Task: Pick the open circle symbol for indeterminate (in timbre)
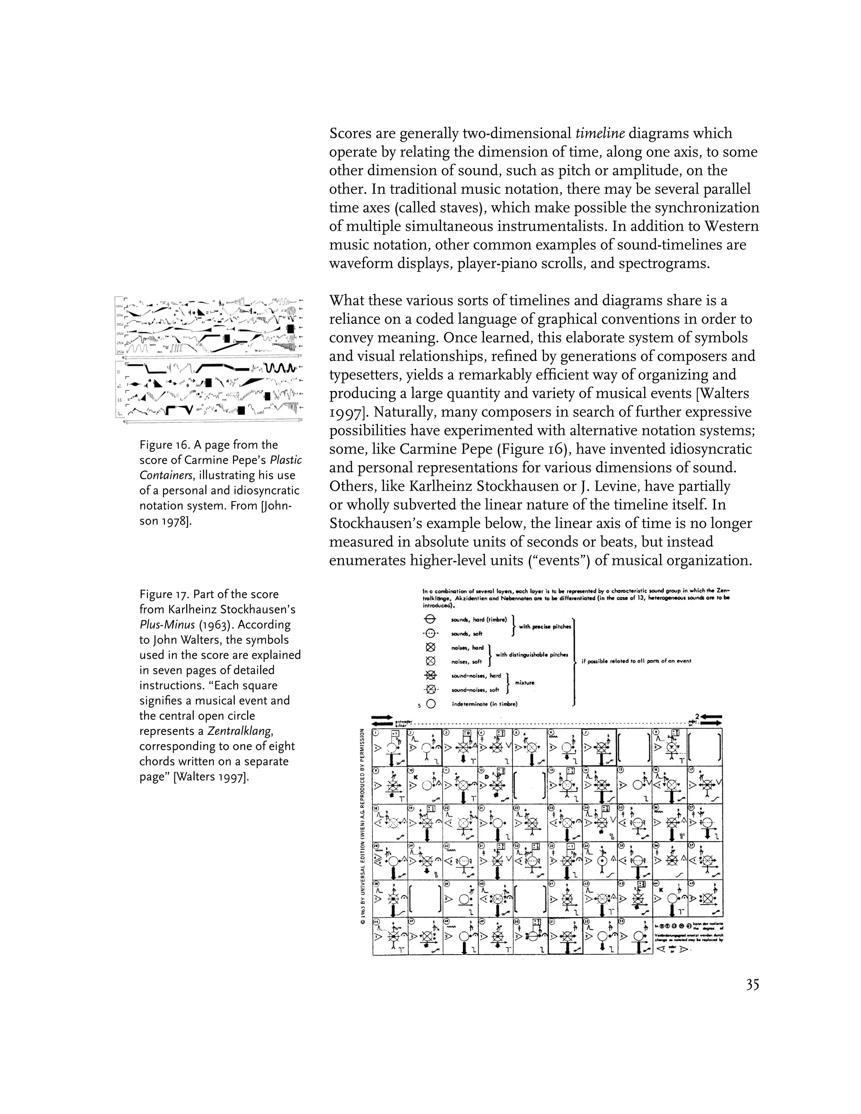(431, 705)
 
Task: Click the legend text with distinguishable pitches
(531, 655)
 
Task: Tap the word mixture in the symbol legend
(525, 682)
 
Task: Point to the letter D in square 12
(486, 777)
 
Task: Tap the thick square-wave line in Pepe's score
(278, 368)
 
